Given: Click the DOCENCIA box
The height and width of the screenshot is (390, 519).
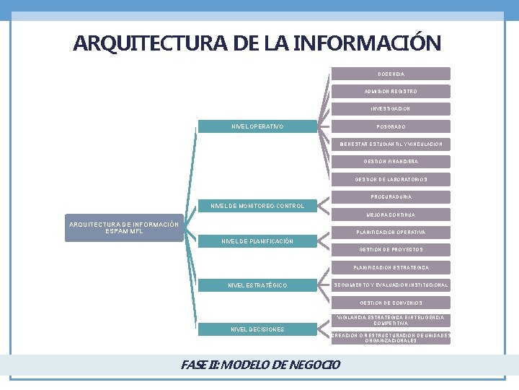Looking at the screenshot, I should tap(391, 74).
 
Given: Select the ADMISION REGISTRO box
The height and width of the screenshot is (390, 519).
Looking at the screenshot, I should tap(391, 92).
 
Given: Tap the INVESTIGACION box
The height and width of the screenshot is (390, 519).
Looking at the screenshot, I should tap(391, 109).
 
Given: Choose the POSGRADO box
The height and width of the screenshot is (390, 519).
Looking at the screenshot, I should tap(391, 126).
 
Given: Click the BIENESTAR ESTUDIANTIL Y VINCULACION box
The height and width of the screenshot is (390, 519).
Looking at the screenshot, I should tap(391, 144).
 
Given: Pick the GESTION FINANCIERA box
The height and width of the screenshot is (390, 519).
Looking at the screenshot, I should tap(391, 162).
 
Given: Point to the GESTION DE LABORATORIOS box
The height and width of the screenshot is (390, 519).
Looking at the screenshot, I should tap(391, 180).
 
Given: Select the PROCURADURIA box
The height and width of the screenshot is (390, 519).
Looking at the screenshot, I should tap(391, 197).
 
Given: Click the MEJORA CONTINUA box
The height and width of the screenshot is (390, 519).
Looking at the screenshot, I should tap(391, 214).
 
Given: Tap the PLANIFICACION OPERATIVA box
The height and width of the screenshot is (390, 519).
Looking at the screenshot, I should tap(391, 233).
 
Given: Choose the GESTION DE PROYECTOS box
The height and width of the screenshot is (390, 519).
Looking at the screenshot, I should tap(391, 250).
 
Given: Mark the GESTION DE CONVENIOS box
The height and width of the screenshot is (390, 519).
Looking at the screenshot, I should tap(391, 303).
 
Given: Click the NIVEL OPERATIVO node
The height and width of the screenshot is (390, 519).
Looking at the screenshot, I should tap(257, 127).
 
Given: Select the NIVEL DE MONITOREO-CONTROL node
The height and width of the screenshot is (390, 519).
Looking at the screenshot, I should tap(257, 207).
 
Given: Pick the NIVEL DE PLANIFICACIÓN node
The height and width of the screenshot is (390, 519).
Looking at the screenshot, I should tap(257, 241).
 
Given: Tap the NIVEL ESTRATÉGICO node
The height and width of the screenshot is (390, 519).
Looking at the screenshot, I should tap(257, 285).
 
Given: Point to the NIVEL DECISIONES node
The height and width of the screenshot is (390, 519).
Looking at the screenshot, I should tap(257, 329).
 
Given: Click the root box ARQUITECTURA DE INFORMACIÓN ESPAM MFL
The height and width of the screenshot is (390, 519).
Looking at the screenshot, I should tap(124, 228).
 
